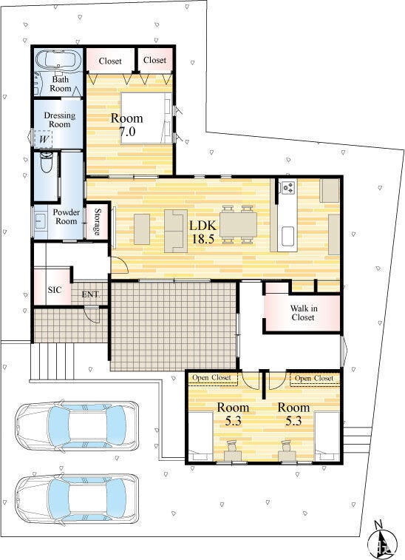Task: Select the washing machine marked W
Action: pyautogui.click(x=44, y=139)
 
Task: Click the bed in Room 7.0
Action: pyautogui.click(x=146, y=118)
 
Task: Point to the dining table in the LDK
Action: pyautogui.click(x=238, y=226)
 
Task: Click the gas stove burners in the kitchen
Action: pyautogui.click(x=287, y=187)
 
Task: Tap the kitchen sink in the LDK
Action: pyautogui.click(x=288, y=236)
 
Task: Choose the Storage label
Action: pyautogui.click(x=97, y=222)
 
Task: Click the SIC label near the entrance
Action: pyautogui.click(x=55, y=290)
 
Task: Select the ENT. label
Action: pyautogui.click(x=91, y=294)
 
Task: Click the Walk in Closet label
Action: pyautogui.click(x=302, y=313)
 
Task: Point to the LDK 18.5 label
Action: pyautogui.click(x=202, y=232)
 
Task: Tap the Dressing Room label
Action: pyautogui.click(x=60, y=120)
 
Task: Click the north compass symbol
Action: pyautogui.click(x=382, y=542)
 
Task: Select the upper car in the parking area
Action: pyautogui.click(x=76, y=425)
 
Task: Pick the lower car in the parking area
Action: pyautogui.click(x=76, y=499)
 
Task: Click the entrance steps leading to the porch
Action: pyautogui.click(x=52, y=362)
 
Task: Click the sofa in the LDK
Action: pyautogui.click(x=176, y=231)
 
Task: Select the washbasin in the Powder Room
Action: pyautogui.click(x=40, y=221)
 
